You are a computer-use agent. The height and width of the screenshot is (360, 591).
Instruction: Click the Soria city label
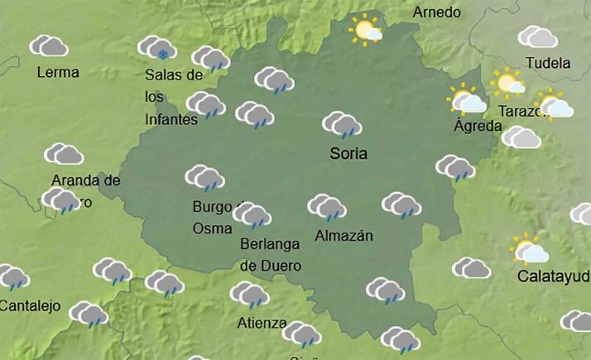(348, 154)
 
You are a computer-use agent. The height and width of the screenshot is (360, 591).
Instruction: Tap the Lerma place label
(58, 73)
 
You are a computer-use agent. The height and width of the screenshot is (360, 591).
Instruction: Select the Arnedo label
(436, 12)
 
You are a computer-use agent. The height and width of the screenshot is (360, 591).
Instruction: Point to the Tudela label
(548, 63)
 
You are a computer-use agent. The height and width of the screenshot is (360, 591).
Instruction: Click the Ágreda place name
(478, 127)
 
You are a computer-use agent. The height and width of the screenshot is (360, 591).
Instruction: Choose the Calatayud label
(553, 276)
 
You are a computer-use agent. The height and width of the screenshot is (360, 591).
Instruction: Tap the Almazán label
(344, 236)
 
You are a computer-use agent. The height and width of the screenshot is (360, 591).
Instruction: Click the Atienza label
(262, 323)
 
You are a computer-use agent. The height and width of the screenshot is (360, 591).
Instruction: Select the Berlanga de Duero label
(270, 255)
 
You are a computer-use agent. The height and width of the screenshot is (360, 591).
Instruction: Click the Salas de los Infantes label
(173, 97)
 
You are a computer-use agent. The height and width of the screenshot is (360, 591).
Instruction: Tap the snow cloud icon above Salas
(156, 48)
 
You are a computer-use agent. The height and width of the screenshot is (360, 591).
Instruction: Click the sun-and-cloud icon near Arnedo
(365, 31)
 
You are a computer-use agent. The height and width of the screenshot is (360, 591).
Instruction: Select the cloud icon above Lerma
(49, 46)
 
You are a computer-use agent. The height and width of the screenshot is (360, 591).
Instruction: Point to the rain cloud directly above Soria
(341, 125)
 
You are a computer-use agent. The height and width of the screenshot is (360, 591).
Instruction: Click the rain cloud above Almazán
(327, 207)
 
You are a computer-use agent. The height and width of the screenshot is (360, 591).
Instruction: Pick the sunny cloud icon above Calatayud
(529, 250)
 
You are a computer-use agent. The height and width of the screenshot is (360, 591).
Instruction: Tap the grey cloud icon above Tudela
(537, 37)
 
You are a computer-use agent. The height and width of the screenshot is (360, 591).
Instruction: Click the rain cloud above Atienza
(249, 295)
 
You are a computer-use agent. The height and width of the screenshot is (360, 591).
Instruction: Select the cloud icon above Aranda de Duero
(64, 154)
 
